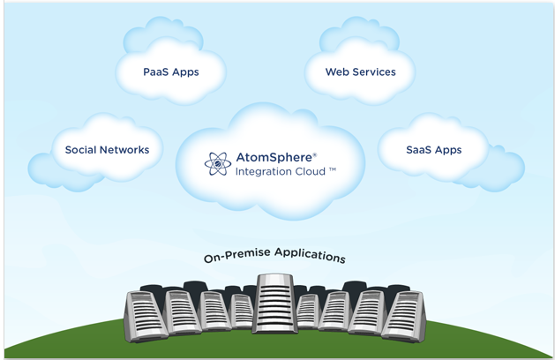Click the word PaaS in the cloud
pyautogui.click(x=156, y=71)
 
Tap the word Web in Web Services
pyautogui.click(x=338, y=71)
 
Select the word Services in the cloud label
pyautogui.click(x=374, y=71)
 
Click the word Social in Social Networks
pyautogui.click(x=81, y=150)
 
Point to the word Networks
pyautogui.click(x=124, y=150)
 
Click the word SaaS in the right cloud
pyautogui.click(x=420, y=150)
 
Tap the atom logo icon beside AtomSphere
pyautogui.click(x=217, y=163)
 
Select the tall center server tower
pyautogui.click(x=276, y=303)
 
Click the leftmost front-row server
pyautogui.click(x=146, y=316)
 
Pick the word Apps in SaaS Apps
pyautogui.click(x=447, y=150)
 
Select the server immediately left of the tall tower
pyautogui.click(x=242, y=310)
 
